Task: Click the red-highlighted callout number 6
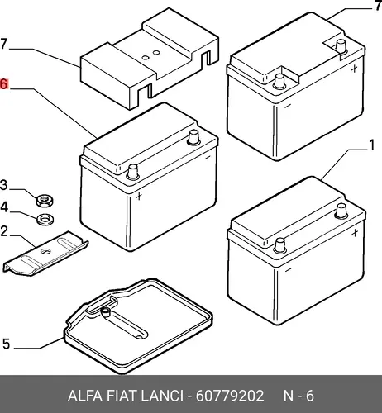pos(4,84)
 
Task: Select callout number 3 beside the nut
pos(3,185)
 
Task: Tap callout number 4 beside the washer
pos(4,207)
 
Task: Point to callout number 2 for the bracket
pos(4,231)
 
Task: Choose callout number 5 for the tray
pos(6,344)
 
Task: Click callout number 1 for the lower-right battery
pos(372,145)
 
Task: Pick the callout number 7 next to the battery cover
pos(3,44)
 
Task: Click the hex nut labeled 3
pos(45,201)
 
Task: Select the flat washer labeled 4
pos(45,220)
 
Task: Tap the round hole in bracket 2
pos(45,251)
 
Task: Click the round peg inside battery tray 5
pos(106,311)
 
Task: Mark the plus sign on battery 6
pos(139,196)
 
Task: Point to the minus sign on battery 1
pos(289,270)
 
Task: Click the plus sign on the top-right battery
pos(355,69)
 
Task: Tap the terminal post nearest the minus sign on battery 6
pos(193,137)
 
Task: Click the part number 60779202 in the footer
pos(230,396)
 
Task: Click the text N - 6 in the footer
pos(298,396)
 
